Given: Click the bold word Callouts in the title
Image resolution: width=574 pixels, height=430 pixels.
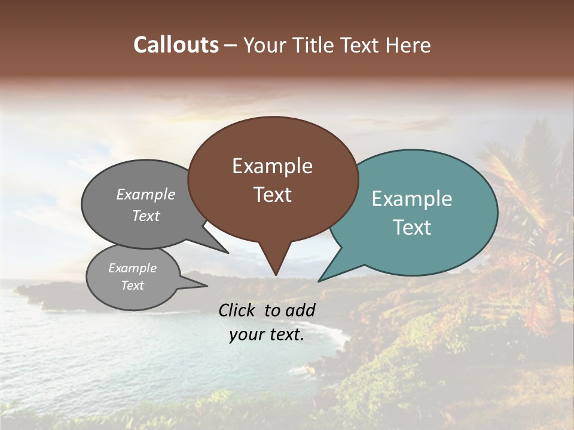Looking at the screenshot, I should (x=176, y=45).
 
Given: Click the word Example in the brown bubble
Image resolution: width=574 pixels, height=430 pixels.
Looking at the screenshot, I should (x=272, y=166).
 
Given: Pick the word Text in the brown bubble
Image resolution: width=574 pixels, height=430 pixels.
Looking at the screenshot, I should (x=272, y=195).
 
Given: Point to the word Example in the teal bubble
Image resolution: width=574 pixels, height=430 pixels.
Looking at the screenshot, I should (x=412, y=199).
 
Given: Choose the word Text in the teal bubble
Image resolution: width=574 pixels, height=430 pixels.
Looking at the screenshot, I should (x=412, y=228).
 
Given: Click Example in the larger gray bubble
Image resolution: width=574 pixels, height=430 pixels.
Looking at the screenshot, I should (x=146, y=194).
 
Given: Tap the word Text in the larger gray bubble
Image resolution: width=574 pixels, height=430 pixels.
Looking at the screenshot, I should (x=146, y=216).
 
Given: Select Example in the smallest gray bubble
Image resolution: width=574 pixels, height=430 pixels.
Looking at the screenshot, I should (x=133, y=268).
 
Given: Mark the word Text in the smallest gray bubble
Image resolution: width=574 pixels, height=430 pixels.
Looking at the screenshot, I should (x=133, y=285).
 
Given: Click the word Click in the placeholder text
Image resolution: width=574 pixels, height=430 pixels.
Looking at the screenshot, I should (x=237, y=310).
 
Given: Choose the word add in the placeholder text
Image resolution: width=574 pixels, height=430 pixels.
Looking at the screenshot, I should (x=301, y=310).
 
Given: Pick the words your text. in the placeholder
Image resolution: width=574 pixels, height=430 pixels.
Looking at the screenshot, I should (x=267, y=334).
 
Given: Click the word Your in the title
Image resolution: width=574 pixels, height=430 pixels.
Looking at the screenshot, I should (x=264, y=45).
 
